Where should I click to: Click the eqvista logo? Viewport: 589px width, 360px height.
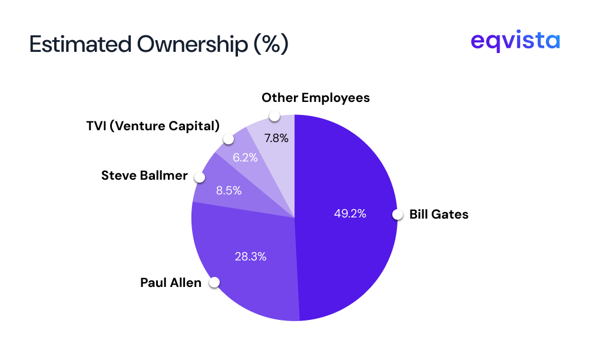[515, 42]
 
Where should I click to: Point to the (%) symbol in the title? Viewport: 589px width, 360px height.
[272, 45]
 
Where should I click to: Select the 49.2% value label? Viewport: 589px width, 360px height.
[350, 214]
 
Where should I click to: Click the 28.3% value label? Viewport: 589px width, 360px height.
[250, 256]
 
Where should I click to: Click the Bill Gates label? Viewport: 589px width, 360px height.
[439, 214]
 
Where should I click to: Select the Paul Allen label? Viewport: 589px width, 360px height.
[171, 283]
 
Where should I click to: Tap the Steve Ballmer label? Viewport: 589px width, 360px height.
[144, 176]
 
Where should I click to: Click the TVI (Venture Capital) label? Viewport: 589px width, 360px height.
[153, 125]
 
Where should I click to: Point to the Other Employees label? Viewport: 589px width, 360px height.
[316, 98]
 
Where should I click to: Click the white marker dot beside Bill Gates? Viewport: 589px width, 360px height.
[398, 214]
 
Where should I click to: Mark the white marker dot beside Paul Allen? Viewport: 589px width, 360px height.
[214, 283]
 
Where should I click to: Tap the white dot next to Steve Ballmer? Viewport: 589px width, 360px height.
[199, 177]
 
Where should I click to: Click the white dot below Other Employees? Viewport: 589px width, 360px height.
[274, 115]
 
